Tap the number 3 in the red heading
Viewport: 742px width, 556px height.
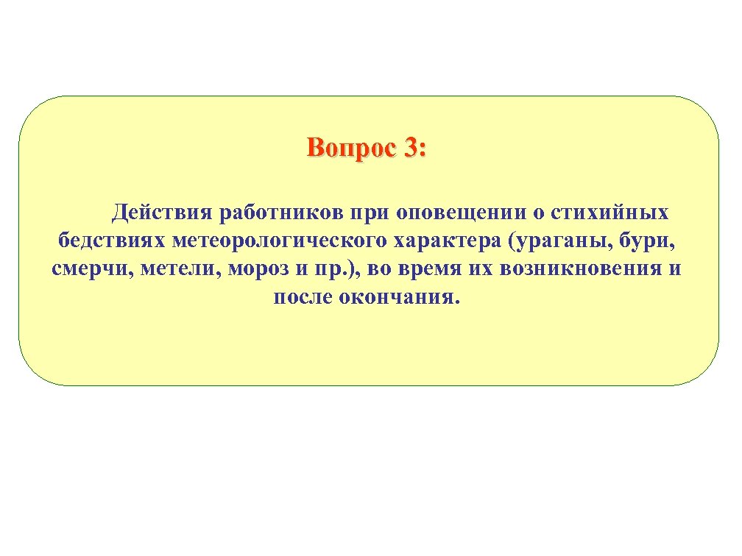(409, 149)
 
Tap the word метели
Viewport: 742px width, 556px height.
(176, 268)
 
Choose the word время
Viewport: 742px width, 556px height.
(428, 268)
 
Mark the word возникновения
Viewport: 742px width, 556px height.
(582, 268)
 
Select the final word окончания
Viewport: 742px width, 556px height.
(403, 296)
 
